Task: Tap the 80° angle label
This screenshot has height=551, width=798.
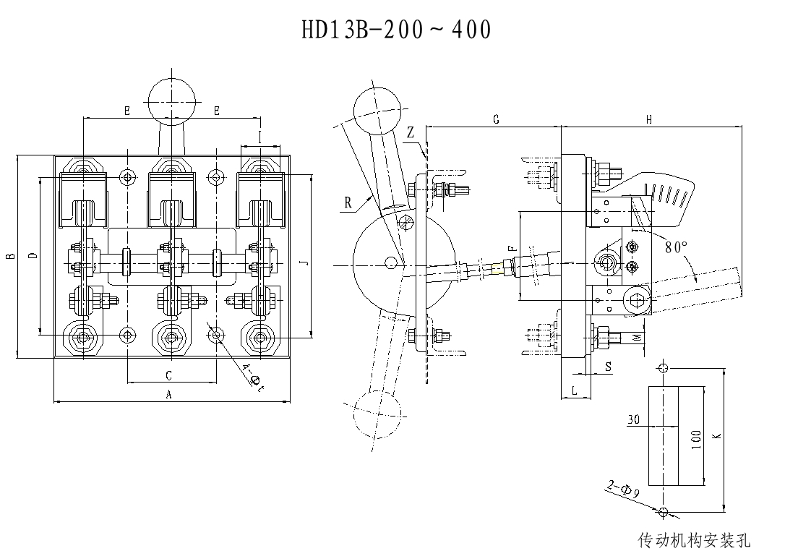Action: click(x=676, y=247)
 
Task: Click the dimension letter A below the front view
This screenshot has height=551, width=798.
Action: click(x=169, y=394)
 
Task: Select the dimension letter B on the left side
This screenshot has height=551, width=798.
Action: click(x=9, y=257)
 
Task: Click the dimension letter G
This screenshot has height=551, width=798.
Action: click(x=495, y=119)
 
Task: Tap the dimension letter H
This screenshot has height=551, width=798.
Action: click(x=649, y=119)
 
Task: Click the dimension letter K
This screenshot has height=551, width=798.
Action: click(x=716, y=437)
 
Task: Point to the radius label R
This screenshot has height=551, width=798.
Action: click(x=348, y=204)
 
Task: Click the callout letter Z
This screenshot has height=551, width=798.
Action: click(x=410, y=132)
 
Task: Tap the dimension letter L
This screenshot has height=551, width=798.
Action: click(x=574, y=390)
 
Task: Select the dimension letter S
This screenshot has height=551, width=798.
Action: click(x=607, y=367)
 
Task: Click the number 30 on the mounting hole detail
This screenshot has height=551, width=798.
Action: click(x=634, y=419)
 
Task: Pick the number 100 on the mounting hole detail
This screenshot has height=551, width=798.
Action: click(x=696, y=439)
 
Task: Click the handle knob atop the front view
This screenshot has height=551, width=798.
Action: click(x=170, y=101)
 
